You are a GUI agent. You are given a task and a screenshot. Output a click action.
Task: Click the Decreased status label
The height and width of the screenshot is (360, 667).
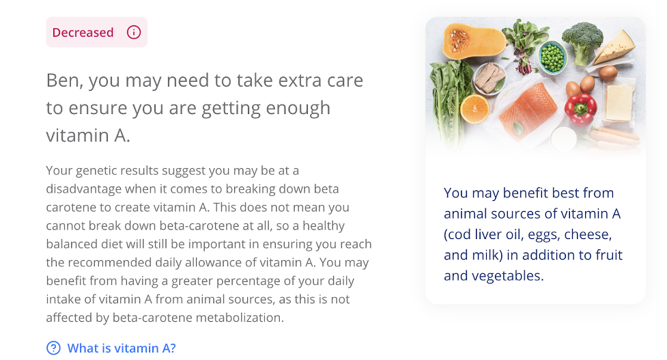click(x=83, y=32)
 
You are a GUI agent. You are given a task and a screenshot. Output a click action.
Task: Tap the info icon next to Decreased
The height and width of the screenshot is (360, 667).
click(x=134, y=32)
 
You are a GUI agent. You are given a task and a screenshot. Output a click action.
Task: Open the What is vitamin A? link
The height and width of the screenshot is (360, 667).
click(x=122, y=348)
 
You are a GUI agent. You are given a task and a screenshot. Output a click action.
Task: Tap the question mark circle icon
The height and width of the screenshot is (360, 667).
click(x=53, y=348)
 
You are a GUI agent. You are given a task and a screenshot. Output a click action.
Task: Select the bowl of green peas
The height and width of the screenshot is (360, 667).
click(x=552, y=57)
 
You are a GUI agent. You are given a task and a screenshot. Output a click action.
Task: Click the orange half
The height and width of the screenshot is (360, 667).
click(x=474, y=109)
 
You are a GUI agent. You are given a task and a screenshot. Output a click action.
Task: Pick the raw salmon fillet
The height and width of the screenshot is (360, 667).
click(x=528, y=111)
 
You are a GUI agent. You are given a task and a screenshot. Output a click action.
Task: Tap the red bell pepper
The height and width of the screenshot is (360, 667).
click(x=581, y=109)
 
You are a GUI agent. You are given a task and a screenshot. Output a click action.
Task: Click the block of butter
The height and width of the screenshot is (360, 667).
click(x=619, y=103)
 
